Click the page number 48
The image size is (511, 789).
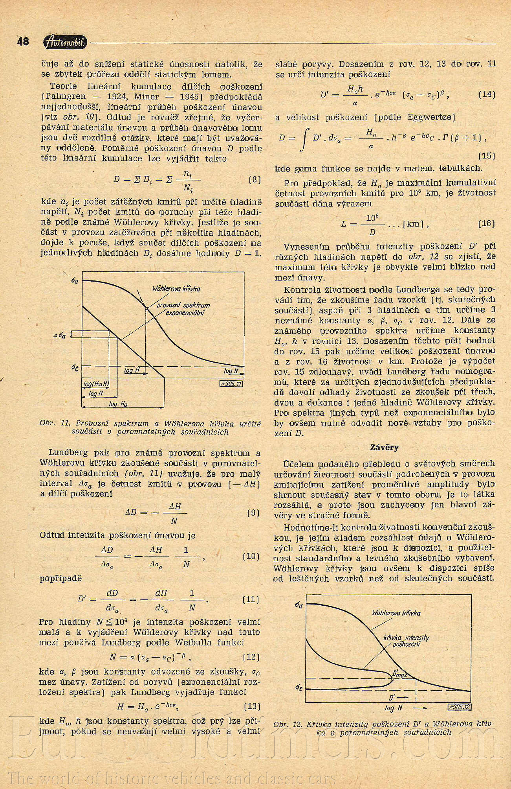[23, 42]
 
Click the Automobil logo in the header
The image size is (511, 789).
[66, 42]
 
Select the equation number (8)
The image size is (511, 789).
[255, 180]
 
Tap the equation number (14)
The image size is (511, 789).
[487, 95]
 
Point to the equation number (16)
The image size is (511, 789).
[487, 223]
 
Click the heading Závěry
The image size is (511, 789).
[384, 447]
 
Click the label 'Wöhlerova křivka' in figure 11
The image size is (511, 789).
[176, 289]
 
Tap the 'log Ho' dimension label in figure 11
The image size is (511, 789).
[118, 404]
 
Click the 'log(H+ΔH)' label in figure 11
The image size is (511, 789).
[96, 384]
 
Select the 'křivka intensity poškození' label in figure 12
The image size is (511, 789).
[406, 640]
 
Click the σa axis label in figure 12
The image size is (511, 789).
[299, 605]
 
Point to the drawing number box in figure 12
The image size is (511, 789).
[459, 706]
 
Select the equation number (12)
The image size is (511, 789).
[251, 657]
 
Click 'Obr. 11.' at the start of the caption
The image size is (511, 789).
[55, 424]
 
